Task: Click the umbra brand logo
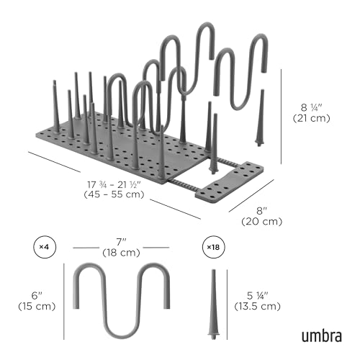(x=321, y=336)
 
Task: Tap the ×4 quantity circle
(x=45, y=247)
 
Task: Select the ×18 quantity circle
(x=213, y=247)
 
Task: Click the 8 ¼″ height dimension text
(x=311, y=108)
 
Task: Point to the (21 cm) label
(x=311, y=118)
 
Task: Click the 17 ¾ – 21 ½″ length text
(x=114, y=185)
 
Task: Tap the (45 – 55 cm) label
(x=114, y=194)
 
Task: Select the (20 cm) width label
(x=261, y=221)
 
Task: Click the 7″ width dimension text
(x=121, y=242)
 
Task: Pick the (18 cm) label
(x=121, y=253)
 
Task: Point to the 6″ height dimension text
(x=37, y=296)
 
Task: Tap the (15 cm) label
(x=37, y=306)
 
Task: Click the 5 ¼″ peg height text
(x=257, y=296)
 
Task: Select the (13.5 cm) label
(x=257, y=306)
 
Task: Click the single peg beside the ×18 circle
(x=213, y=305)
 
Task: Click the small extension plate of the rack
(x=230, y=181)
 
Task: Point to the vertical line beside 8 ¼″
(x=282, y=117)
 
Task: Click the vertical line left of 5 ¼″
(x=227, y=305)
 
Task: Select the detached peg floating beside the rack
(x=261, y=117)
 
